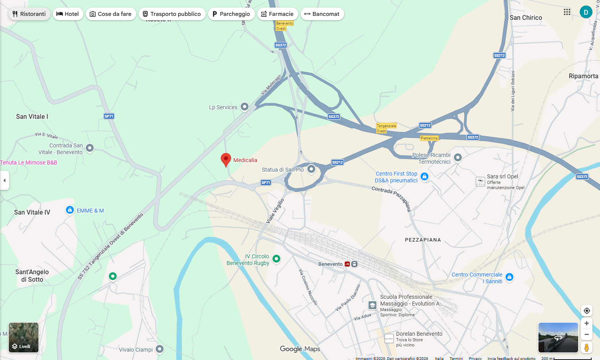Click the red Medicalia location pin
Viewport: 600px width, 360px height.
tap(226, 159)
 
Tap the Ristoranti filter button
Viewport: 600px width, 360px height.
tap(29, 14)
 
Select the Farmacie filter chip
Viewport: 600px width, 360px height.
tap(277, 14)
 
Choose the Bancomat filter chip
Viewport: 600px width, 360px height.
tap(322, 14)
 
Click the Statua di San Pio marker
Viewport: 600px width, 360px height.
tap(311, 169)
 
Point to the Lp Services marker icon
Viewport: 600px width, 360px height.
tap(245, 106)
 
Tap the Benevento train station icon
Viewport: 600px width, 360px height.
tap(347, 264)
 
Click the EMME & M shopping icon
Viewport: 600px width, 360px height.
tap(70, 210)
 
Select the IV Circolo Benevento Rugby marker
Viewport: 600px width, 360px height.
tap(276, 259)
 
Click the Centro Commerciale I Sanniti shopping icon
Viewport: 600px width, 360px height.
tap(509, 277)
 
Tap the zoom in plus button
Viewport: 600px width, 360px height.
tap(586, 323)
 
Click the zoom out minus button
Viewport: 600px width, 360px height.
tap(586, 335)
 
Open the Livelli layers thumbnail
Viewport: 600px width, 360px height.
tap(24, 337)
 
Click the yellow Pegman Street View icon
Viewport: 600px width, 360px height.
tap(586, 347)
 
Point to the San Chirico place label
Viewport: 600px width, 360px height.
tap(526, 17)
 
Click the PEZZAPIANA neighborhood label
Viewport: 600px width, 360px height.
tap(423, 240)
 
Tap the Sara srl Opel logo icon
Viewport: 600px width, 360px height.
tap(480, 182)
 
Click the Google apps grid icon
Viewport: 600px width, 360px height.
tap(567, 12)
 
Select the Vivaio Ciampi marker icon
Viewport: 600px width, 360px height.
tap(160, 349)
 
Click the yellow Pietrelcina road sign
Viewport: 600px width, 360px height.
tap(429, 138)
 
